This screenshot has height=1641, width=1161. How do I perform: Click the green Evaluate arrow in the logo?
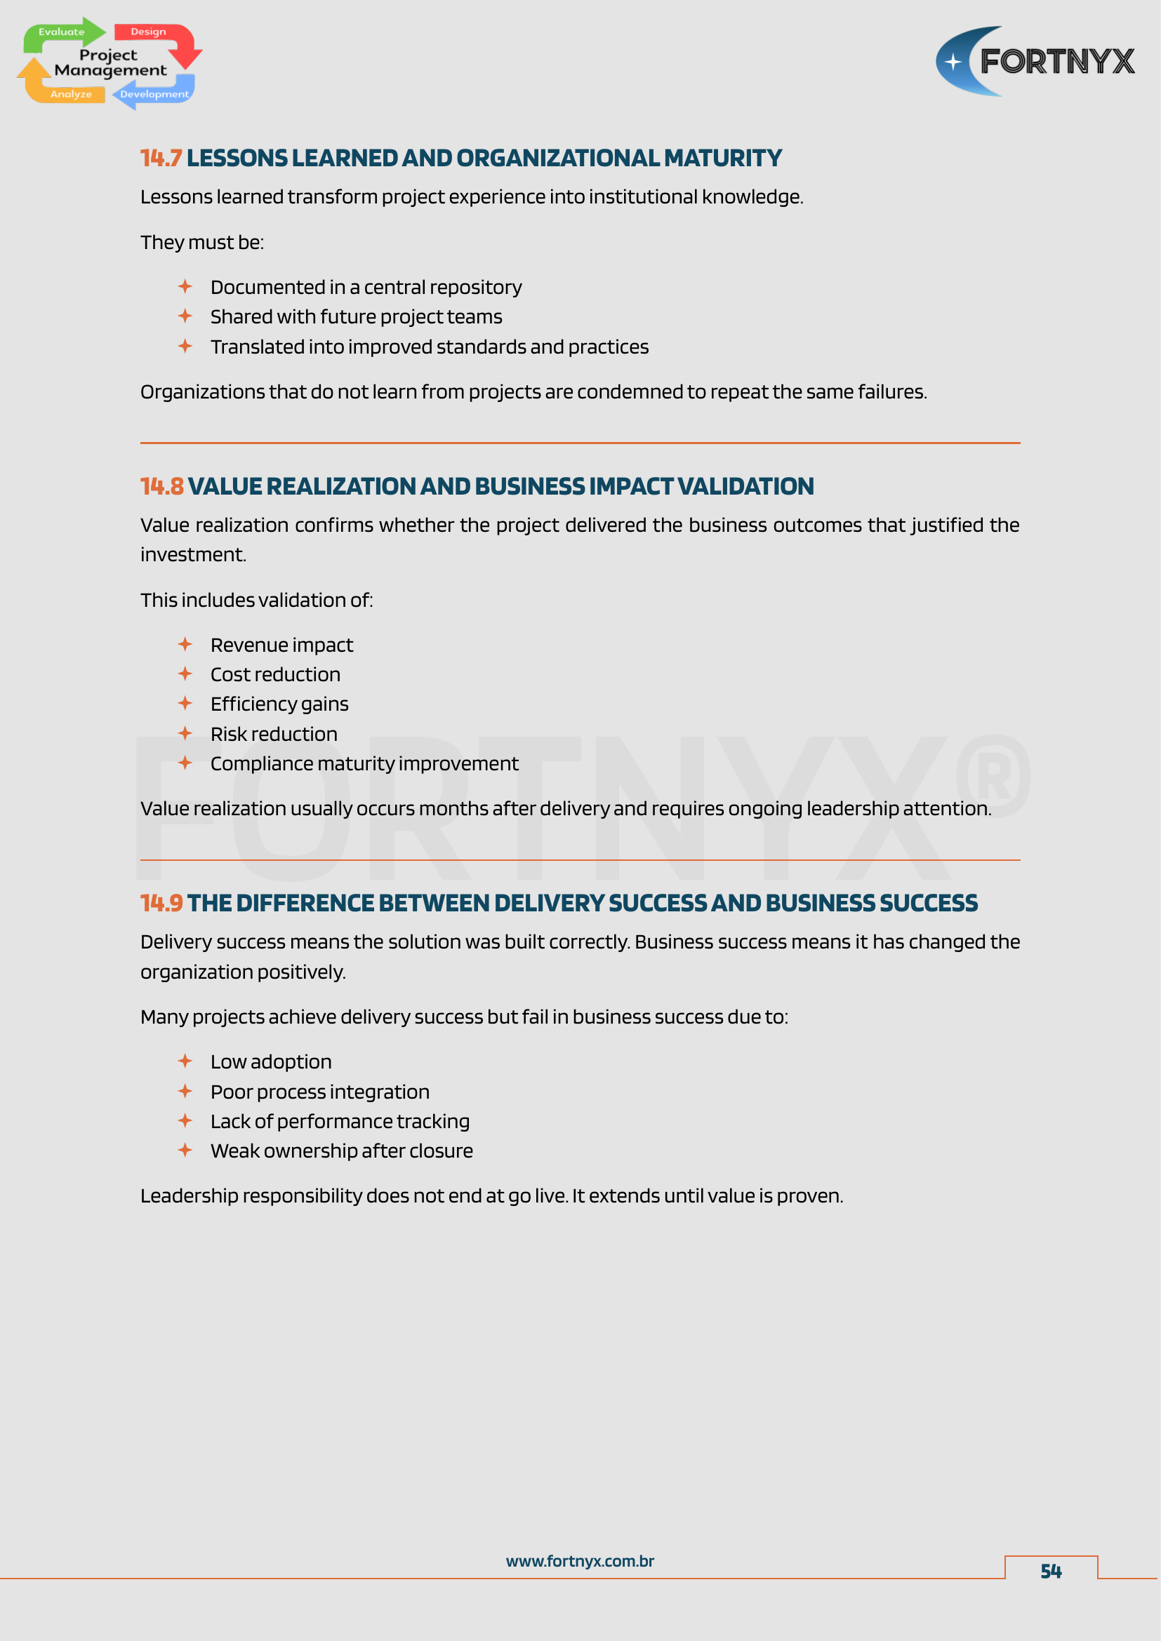point(63,33)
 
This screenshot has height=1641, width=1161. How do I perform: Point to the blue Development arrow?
point(153,94)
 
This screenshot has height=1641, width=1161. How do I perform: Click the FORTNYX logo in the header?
point(1035,62)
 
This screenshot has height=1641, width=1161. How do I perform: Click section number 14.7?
point(161,158)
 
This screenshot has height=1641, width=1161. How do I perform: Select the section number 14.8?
point(161,487)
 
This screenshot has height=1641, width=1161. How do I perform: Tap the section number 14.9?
point(161,904)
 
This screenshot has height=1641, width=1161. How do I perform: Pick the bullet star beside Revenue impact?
point(185,645)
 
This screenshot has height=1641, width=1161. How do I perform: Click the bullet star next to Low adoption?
point(185,1061)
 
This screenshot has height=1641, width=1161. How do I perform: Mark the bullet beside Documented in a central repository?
point(185,287)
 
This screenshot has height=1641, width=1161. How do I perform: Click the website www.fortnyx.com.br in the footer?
point(580,1562)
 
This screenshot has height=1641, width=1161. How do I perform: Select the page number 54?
point(1050,1571)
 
